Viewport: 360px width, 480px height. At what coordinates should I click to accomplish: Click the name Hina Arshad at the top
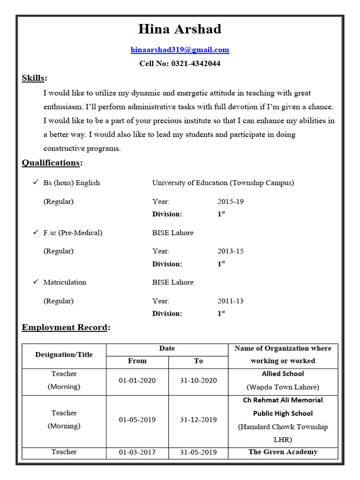[x=180, y=29]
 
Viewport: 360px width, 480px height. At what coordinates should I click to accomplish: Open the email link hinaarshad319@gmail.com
[x=180, y=50]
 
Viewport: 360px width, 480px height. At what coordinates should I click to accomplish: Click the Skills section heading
[x=34, y=78]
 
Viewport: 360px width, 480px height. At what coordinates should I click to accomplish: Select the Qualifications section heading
[x=52, y=163]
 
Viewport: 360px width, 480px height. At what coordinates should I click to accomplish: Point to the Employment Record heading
[x=65, y=327]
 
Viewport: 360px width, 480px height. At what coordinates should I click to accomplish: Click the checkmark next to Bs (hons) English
[x=35, y=182]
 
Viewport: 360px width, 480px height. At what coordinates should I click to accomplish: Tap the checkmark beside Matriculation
[x=35, y=282]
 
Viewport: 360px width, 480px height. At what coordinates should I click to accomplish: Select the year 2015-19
[x=231, y=202]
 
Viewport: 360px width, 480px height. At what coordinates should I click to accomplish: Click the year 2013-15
[x=231, y=251]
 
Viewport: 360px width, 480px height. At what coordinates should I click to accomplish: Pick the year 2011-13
[x=231, y=301]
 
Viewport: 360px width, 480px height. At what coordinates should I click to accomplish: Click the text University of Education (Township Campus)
[x=223, y=183]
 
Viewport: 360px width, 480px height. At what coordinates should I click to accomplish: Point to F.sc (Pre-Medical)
[x=73, y=232]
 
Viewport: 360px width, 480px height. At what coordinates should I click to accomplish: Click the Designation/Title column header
[x=64, y=355]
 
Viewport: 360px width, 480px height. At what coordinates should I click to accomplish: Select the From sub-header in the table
[x=137, y=361]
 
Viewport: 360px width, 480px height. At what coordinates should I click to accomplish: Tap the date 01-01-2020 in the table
[x=137, y=380]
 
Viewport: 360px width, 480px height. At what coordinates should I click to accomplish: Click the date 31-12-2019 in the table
[x=198, y=420]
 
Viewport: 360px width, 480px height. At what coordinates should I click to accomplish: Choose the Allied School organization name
[x=283, y=374]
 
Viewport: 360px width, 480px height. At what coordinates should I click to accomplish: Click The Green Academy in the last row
[x=283, y=452]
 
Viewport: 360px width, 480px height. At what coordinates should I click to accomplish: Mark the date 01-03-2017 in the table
[x=137, y=452]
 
